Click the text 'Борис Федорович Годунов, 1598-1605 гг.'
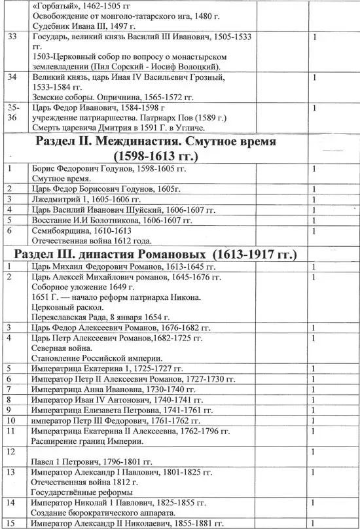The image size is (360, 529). [109, 169]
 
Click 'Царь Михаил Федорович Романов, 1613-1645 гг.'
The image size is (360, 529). [124, 267]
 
